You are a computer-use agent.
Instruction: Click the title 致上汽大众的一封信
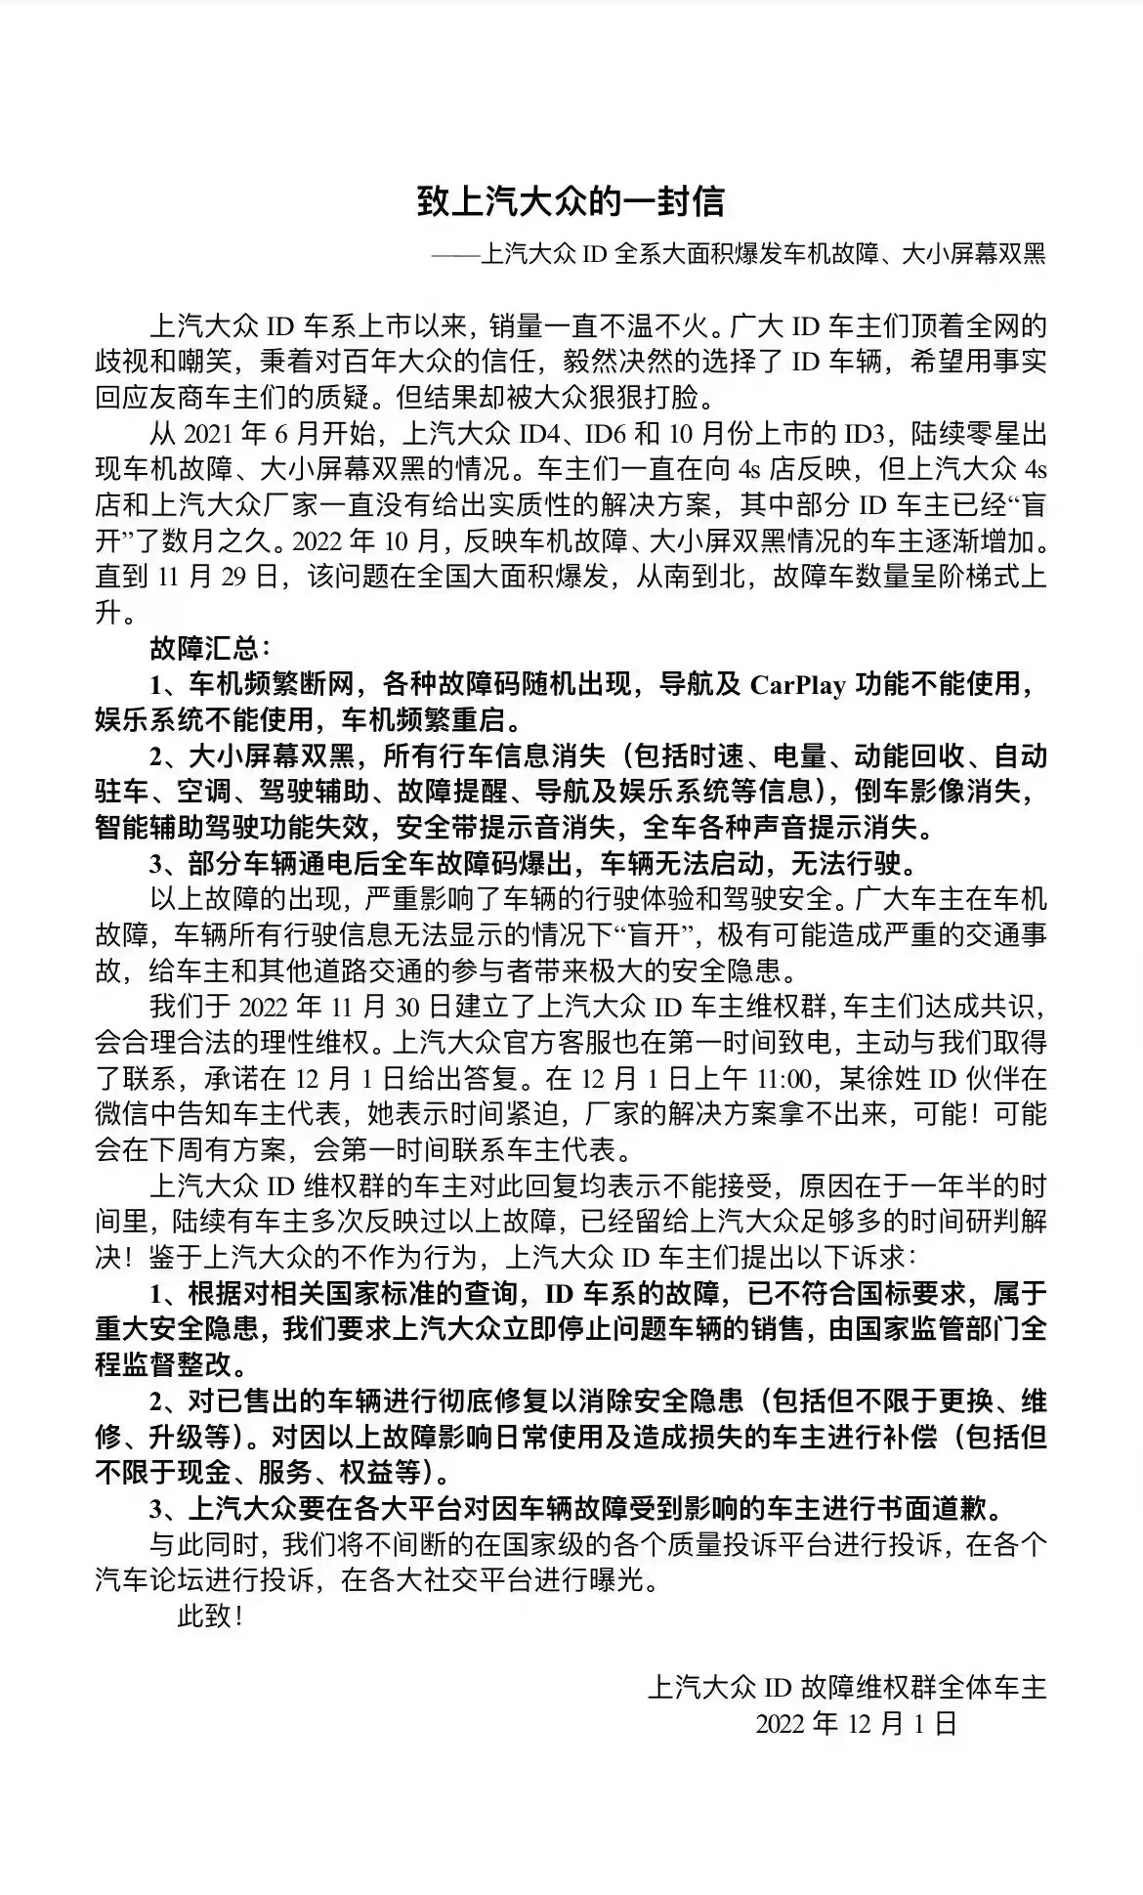[571, 201]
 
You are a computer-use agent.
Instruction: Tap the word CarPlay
[797, 684]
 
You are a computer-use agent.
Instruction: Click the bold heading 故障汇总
[203, 648]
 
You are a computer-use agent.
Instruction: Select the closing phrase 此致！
[209, 1615]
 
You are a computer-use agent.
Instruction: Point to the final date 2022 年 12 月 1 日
[856, 1724]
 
